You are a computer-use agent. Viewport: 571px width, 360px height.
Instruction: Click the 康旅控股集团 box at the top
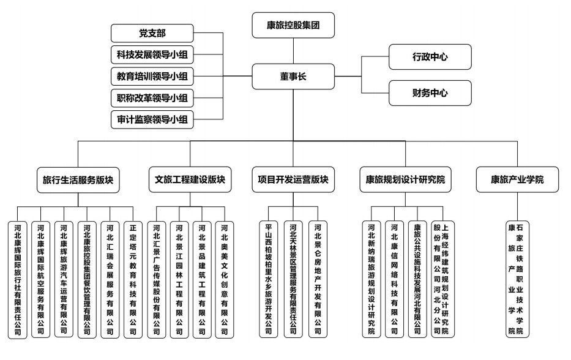[x=293, y=26]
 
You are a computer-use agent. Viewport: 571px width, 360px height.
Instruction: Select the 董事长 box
[x=293, y=76]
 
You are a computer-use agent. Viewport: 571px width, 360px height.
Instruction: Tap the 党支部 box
[x=152, y=33]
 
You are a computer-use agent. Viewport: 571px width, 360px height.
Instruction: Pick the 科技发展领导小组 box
[x=152, y=55]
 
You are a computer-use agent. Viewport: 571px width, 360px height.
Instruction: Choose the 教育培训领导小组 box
[x=152, y=77]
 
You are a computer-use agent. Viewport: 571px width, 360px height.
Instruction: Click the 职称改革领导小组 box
[x=152, y=98]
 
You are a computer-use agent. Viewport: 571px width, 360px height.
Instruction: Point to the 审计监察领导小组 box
[x=152, y=119]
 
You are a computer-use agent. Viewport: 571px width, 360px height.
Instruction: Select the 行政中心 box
[x=430, y=58]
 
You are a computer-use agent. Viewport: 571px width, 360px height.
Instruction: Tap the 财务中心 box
[x=430, y=94]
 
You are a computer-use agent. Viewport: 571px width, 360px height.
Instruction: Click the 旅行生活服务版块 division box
[x=78, y=180]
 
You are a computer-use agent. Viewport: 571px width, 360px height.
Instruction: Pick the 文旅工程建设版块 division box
[x=190, y=180]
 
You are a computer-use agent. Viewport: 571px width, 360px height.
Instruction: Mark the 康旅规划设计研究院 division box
[x=405, y=180]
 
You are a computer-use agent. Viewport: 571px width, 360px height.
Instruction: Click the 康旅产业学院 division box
[x=517, y=180]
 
